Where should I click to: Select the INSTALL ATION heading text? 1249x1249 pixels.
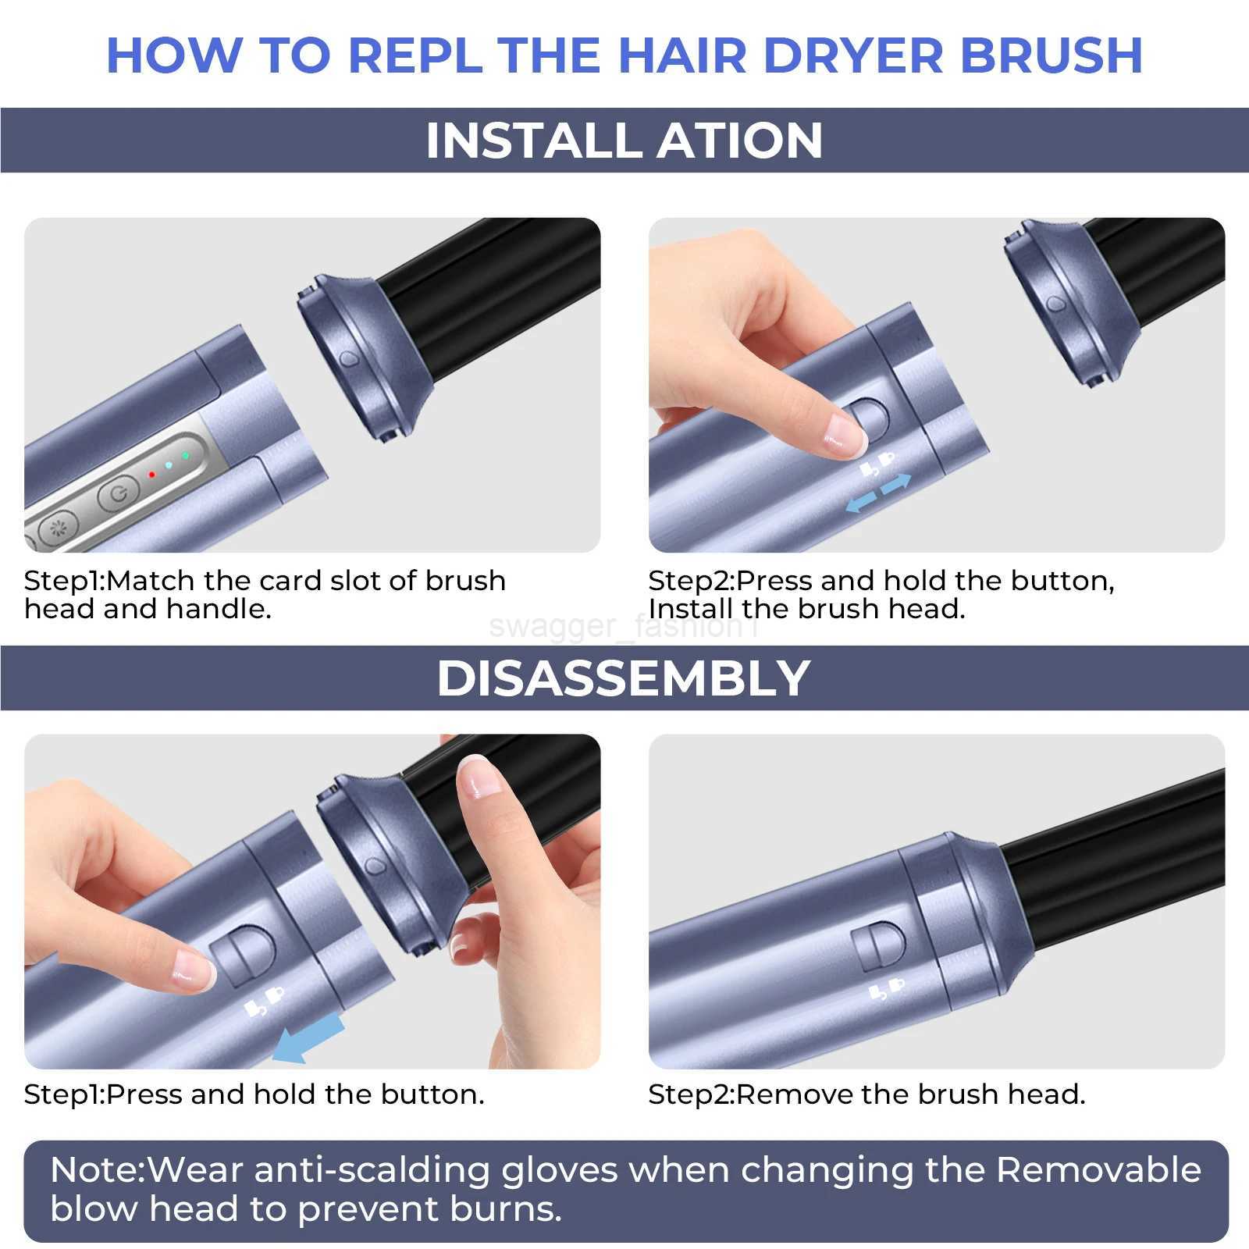point(624,141)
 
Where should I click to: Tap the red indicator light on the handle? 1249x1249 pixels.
point(151,474)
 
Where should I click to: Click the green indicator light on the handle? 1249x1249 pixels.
point(185,455)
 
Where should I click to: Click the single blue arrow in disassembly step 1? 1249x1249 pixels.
point(309,1037)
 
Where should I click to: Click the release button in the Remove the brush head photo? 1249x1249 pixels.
point(878,946)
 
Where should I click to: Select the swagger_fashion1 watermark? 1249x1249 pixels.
point(624,627)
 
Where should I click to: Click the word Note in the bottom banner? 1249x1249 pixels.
point(94,1170)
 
